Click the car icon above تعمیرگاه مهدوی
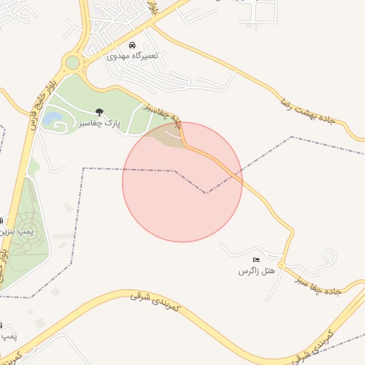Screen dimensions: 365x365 [133, 45]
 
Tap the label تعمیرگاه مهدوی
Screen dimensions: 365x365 [133, 56]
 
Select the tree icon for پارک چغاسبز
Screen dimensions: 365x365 [99, 111]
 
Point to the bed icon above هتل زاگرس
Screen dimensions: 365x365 [256, 259]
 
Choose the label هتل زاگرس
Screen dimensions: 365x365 [256, 271]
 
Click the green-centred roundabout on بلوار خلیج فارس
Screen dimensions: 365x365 [72, 63]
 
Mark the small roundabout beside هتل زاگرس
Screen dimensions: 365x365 [282, 265]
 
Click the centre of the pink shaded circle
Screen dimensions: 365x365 [182, 182]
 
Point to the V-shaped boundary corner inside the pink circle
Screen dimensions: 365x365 [206, 192]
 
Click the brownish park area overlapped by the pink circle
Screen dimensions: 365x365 [165, 137]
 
